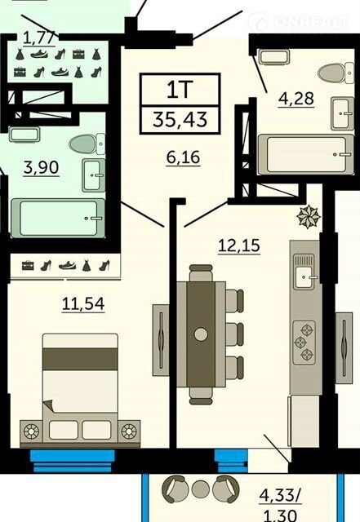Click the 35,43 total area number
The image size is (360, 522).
coord(180,120)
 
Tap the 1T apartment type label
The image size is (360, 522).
coord(180,89)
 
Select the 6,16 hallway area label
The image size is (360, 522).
coord(184,157)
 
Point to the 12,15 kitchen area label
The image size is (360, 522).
coord(239,246)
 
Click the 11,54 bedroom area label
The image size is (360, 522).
coord(83,303)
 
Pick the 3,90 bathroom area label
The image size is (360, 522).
coord(42,167)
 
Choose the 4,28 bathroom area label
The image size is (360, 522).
coord(296,99)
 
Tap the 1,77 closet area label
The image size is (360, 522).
coord(39,38)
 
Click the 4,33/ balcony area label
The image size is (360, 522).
coord(280,495)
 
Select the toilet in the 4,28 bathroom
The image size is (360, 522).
coord(336,73)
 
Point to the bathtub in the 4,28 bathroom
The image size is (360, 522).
coord(305,154)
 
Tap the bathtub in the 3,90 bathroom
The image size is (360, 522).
coord(58,218)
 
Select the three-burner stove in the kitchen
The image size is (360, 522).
coord(304,343)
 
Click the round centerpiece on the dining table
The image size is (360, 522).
coord(201,334)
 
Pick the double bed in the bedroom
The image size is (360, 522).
coord(80,391)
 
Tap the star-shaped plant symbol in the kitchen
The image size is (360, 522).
coord(309,216)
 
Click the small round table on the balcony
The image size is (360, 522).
coord(200,489)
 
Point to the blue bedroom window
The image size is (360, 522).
coord(73,461)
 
